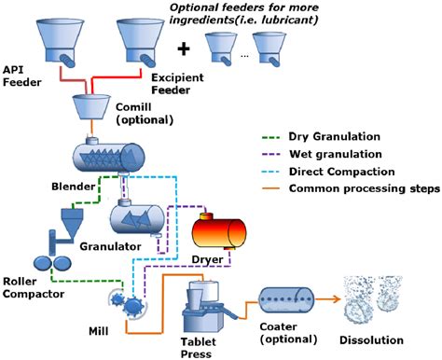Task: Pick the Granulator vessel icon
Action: click(139, 219)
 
